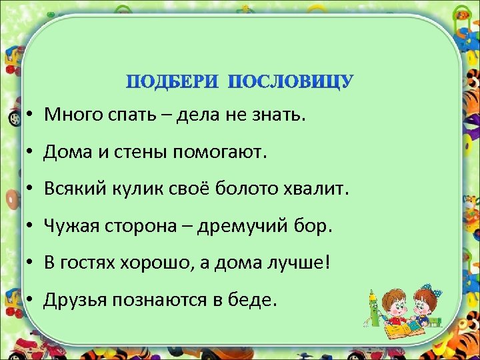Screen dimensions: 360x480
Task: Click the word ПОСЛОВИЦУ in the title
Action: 291,82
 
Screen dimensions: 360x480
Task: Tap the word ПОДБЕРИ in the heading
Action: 174,82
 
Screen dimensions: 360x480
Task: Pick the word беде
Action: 254,300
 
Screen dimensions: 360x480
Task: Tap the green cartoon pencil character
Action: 373,307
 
